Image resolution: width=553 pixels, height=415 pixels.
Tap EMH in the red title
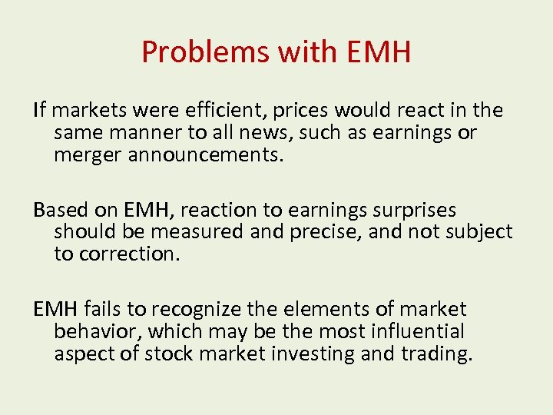pyautogui.click(x=379, y=52)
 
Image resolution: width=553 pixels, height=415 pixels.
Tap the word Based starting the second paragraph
pyautogui.click(x=58, y=210)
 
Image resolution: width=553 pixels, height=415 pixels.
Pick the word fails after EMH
pyautogui.click(x=103, y=309)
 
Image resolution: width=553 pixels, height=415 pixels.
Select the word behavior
pyautogui.click(x=96, y=331)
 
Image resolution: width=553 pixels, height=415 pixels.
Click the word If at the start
pyautogui.click(x=39, y=111)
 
